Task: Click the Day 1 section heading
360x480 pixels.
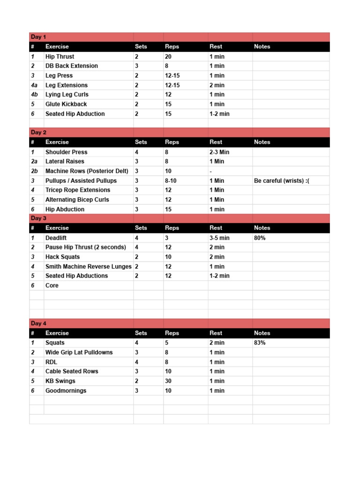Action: tap(38, 37)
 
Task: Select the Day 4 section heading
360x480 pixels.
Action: tap(38, 323)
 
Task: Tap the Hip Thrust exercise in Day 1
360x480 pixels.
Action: tap(60, 56)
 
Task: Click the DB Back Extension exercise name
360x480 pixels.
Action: tap(71, 66)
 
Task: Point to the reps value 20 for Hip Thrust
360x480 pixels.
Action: tap(168, 56)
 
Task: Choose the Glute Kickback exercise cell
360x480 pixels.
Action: tap(66, 104)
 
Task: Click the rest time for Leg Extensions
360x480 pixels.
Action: tap(217, 85)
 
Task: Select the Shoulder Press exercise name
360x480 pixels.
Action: tap(66, 152)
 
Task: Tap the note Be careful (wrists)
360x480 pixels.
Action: tap(281, 180)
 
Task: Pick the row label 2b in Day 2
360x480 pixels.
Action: tap(34, 171)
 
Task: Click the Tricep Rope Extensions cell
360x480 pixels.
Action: tap(78, 190)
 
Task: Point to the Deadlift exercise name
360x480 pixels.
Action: tap(56, 238)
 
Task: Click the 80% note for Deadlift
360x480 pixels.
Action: tap(260, 238)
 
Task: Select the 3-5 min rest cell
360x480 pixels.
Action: tap(219, 238)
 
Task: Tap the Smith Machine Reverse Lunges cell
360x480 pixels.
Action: tap(88, 266)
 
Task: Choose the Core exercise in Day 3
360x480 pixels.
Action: tap(52, 285)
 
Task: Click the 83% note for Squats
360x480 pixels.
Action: tap(260, 343)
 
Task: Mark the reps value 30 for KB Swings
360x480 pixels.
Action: tap(168, 381)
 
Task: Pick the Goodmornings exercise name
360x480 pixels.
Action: tap(66, 390)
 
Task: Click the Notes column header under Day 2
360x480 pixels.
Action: tap(262, 142)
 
